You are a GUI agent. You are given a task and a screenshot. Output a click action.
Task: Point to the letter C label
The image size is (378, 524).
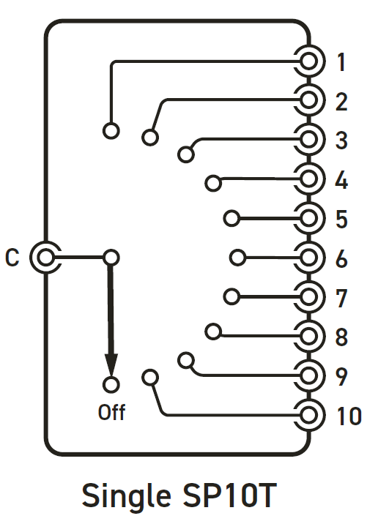coord(12,258)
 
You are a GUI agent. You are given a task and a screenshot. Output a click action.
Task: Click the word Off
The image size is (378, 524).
coord(112,412)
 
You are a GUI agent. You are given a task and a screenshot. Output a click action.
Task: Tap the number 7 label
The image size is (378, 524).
coord(341,298)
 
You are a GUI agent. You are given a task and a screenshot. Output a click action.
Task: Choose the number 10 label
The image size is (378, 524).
coord(349,416)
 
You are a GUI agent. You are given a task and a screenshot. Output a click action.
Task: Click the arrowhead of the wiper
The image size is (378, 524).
coord(111,364)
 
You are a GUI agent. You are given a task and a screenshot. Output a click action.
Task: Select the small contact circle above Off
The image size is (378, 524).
coord(111,384)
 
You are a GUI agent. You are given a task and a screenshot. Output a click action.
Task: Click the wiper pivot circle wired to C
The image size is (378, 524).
coord(111,258)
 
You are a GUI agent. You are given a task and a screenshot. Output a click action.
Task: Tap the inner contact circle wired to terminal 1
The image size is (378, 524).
coord(111,130)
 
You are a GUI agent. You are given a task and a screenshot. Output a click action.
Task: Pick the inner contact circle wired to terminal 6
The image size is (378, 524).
coord(238,258)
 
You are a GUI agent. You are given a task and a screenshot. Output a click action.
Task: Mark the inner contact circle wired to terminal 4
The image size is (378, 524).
coord(213,183)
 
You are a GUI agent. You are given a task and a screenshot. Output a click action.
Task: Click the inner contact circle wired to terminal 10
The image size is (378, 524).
coord(150,378)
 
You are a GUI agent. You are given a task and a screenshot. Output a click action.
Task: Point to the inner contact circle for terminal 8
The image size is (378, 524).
coord(213,332)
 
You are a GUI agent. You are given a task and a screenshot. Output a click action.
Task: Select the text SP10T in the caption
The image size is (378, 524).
coord(229,495)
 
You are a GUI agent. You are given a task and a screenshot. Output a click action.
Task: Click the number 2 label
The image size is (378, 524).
coord(341,102)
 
